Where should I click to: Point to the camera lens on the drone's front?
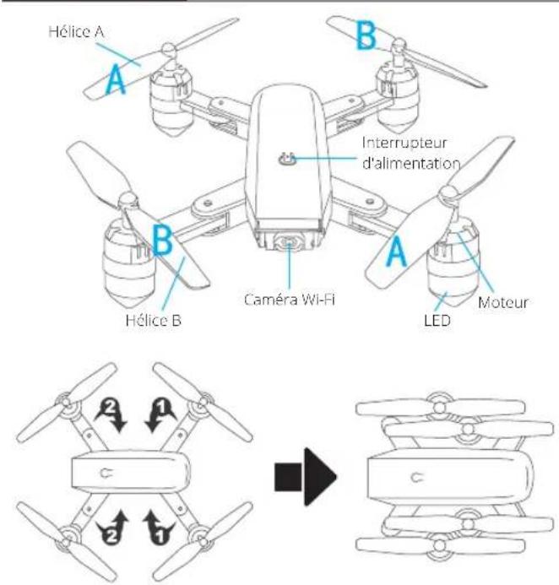(x=289, y=243)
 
